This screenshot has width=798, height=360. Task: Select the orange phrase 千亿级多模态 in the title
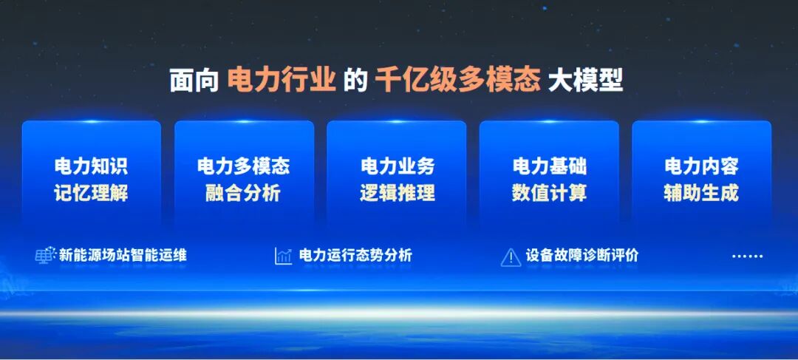point(457,80)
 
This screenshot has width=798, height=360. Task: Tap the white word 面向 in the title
point(194,80)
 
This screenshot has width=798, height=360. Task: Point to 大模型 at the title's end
point(585,80)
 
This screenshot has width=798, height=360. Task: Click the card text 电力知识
point(91,166)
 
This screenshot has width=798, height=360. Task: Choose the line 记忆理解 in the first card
point(91,193)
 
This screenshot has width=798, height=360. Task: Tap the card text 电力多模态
point(244,166)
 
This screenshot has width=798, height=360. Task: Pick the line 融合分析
point(244,193)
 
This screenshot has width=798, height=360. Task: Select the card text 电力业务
point(397,166)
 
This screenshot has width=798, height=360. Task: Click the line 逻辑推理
point(397,193)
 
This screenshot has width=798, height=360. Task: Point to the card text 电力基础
point(549,166)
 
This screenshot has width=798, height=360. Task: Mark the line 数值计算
point(549,193)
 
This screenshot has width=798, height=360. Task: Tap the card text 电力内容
point(701,166)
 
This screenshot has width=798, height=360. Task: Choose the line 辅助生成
point(701,193)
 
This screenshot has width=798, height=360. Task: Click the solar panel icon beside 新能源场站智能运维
point(46,256)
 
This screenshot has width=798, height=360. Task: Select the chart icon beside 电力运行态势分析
point(283,256)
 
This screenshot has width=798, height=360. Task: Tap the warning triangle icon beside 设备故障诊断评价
point(511,257)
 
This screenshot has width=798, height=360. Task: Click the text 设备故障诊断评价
point(582,256)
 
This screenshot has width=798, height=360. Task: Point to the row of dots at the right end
point(747,257)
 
